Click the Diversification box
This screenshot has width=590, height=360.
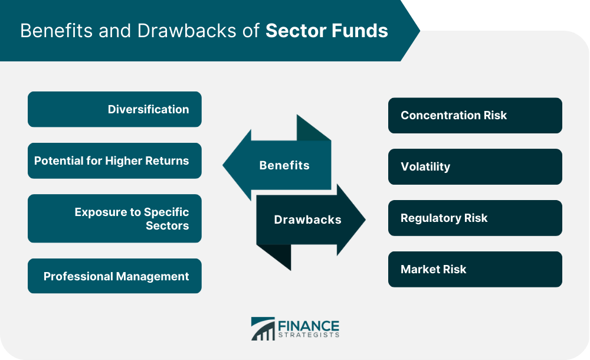[x=114, y=109]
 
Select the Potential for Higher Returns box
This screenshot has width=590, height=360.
[x=114, y=161]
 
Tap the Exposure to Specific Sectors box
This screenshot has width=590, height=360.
[x=114, y=218]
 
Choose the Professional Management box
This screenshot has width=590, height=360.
[x=114, y=276]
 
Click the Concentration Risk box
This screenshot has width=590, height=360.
[x=475, y=115]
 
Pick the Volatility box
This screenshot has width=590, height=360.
[x=475, y=167]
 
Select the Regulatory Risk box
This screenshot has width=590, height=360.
[x=475, y=218]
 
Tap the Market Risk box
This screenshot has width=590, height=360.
[x=475, y=269]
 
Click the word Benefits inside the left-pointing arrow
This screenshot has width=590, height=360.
[x=284, y=165]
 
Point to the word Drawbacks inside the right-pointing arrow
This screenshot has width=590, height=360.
[x=307, y=220]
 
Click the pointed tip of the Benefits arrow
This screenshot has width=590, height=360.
[x=223, y=165]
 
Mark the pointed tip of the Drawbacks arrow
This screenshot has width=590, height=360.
[x=365, y=220]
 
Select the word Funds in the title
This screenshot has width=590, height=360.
[x=363, y=31]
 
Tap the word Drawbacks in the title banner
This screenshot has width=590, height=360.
[x=187, y=31]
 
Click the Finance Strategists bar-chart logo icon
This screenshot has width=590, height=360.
[x=263, y=329]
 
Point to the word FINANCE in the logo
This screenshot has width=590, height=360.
[x=309, y=326]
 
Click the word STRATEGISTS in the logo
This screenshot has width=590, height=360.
[x=309, y=335]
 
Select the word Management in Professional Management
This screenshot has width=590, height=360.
[x=152, y=277]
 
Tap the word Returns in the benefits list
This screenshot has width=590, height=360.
[x=167, y=161]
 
